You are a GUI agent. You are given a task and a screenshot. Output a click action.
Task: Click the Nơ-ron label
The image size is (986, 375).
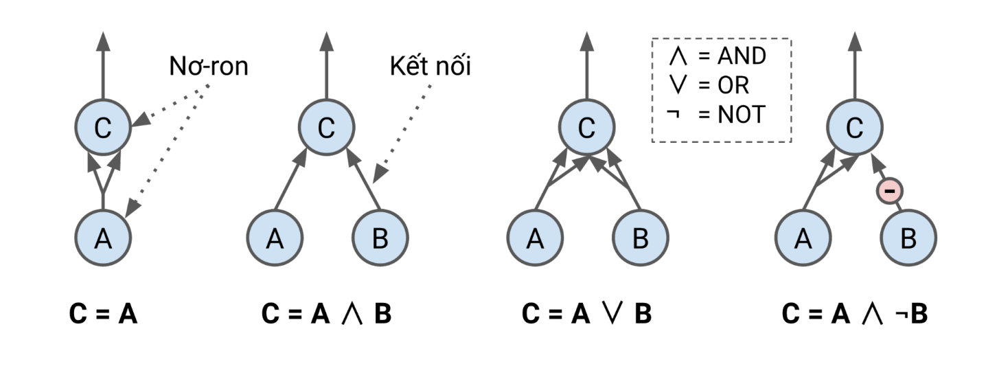(208, 68)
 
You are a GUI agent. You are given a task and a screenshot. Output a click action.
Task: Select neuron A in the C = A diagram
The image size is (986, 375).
(102, 238)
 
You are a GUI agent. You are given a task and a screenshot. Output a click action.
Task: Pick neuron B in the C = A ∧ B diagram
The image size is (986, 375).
(379, 238)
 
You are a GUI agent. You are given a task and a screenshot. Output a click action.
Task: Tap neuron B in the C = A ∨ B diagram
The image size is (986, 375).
(639, 238)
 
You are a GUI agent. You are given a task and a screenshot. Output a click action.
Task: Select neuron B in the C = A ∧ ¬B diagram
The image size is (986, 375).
(908, 238)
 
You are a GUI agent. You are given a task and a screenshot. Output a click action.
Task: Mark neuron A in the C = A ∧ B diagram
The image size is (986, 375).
(274, 238)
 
